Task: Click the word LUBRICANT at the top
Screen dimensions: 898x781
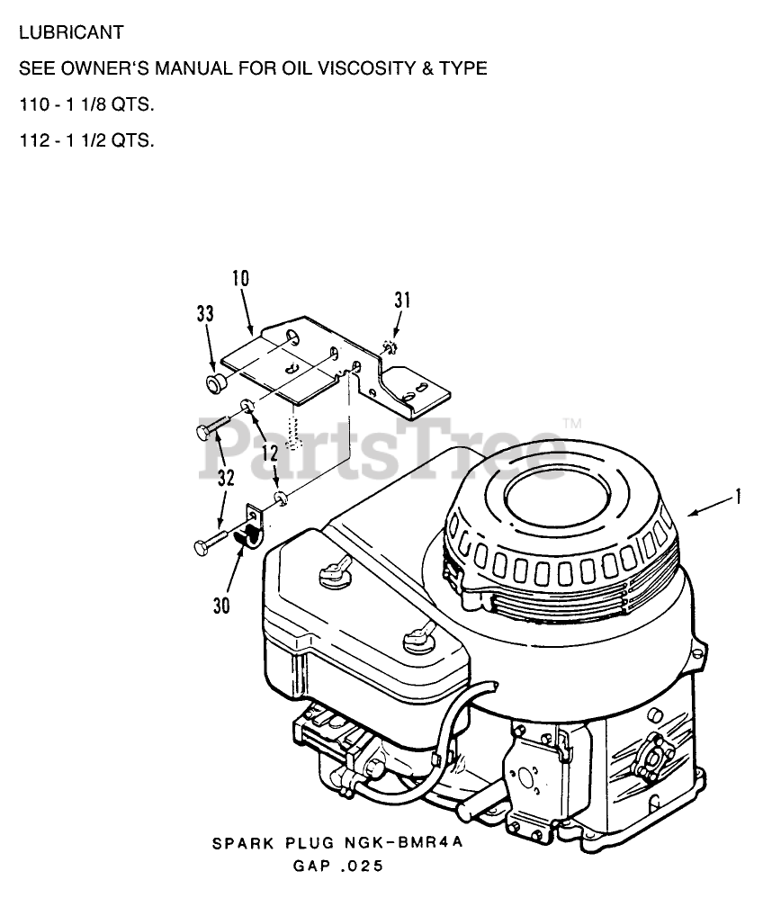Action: [x=70, y=33]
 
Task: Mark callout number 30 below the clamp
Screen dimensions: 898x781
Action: [x=220, y=606]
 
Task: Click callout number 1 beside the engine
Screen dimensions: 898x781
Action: [x=738, y=496]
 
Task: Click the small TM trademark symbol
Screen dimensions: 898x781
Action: [x=572, y=423]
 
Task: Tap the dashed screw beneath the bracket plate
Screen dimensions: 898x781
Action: [x=292, y=429]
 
